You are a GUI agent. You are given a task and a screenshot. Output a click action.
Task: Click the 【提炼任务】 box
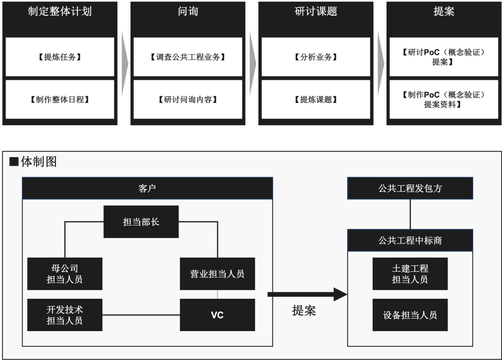coord(60,57)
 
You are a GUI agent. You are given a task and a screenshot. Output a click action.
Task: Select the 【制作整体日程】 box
coord(60,99)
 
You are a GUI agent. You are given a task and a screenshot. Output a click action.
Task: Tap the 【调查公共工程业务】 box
coord(188,57)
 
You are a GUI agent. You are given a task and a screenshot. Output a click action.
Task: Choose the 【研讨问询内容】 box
coord(188,99)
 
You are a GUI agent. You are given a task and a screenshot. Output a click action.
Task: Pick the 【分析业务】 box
coord(316,57)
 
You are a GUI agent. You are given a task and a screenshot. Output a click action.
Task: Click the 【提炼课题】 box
coord(316,99)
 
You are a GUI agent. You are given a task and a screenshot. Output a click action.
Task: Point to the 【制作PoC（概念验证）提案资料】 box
coord(444,99)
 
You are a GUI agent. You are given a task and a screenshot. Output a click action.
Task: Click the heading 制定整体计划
coord(60,12)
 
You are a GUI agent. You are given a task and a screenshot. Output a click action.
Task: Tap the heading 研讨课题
coord(316,12)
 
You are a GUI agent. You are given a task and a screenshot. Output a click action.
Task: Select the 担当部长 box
coord(141,222)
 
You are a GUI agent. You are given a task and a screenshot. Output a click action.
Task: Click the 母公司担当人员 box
coord(65,274)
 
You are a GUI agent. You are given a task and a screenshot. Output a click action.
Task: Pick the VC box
coord(217,315)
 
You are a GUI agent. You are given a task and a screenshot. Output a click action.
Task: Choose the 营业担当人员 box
coord(217,274)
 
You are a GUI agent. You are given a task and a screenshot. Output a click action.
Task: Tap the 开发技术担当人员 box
coord(65,315)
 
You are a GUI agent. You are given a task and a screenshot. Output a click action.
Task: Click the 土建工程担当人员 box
coord(410,274)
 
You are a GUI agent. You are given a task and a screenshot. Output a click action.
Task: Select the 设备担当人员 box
coord(410,315)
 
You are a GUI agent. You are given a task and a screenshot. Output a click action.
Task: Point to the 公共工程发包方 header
coord(410,188)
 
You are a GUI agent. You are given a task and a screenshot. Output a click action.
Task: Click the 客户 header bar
coord(147,188)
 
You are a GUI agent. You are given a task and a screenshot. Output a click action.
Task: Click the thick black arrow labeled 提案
coord(307,294)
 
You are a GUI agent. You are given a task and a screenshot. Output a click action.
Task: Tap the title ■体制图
coord(33,162)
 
